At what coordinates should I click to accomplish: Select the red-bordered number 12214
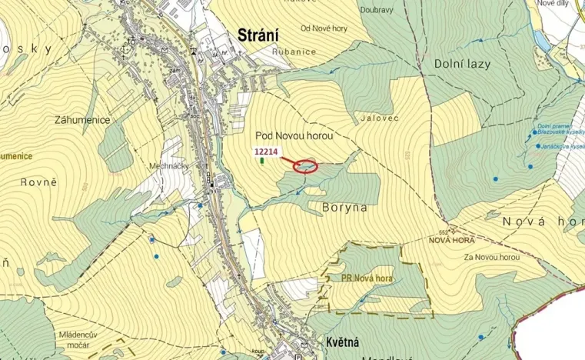point(265,152)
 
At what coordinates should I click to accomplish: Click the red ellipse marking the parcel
point(306,166)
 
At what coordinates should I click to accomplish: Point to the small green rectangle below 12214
point(263,162)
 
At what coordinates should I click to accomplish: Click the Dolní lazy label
point(462,64)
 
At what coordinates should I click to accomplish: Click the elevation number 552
point(443,231)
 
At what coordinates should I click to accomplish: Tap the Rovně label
point(43,182)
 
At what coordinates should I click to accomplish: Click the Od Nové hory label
point(324,29)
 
